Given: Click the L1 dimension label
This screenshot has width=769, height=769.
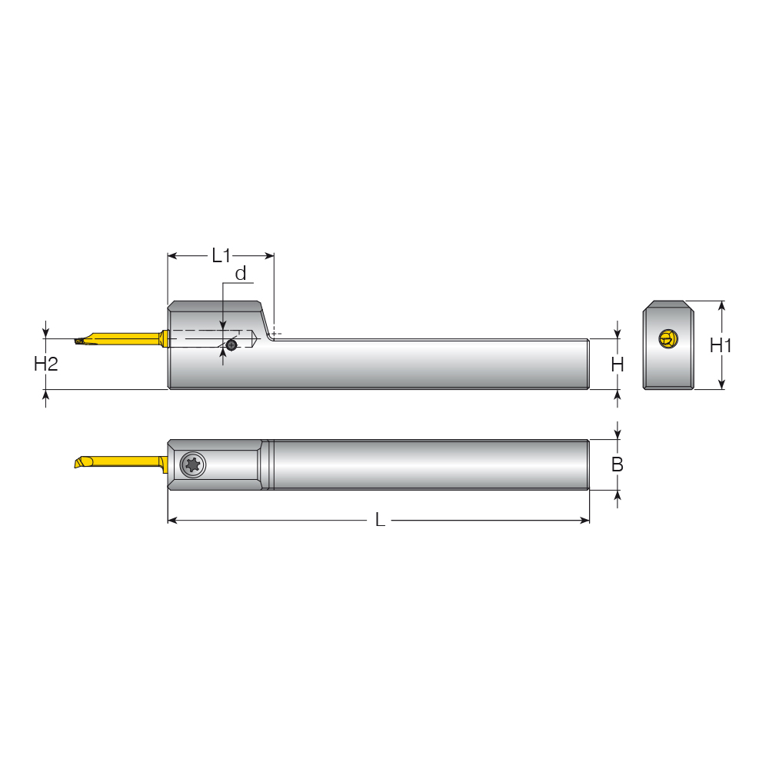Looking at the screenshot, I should click(x=221, y=255).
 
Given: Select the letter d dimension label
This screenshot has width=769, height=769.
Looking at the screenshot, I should click(x=241, y=274).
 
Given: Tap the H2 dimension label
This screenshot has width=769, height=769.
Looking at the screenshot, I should click(x=46, y=364).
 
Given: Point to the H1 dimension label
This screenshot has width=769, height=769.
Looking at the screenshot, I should click(x=721, y=345).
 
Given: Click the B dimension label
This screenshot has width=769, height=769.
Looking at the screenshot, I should click(x=617, y=464).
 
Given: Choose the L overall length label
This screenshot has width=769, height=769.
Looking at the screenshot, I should click(x=380, y=521).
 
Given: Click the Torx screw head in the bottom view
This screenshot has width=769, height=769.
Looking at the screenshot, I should click(x=192, y=464).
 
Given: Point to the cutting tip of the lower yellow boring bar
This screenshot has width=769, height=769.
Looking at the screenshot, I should click(x=76, y=464).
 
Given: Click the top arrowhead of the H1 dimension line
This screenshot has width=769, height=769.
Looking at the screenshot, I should click(x=721, y=305).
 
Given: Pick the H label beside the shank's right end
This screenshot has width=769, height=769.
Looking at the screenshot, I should click(x=617, y=365).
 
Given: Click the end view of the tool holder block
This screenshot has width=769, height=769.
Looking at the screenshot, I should click(x=667, y=345).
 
